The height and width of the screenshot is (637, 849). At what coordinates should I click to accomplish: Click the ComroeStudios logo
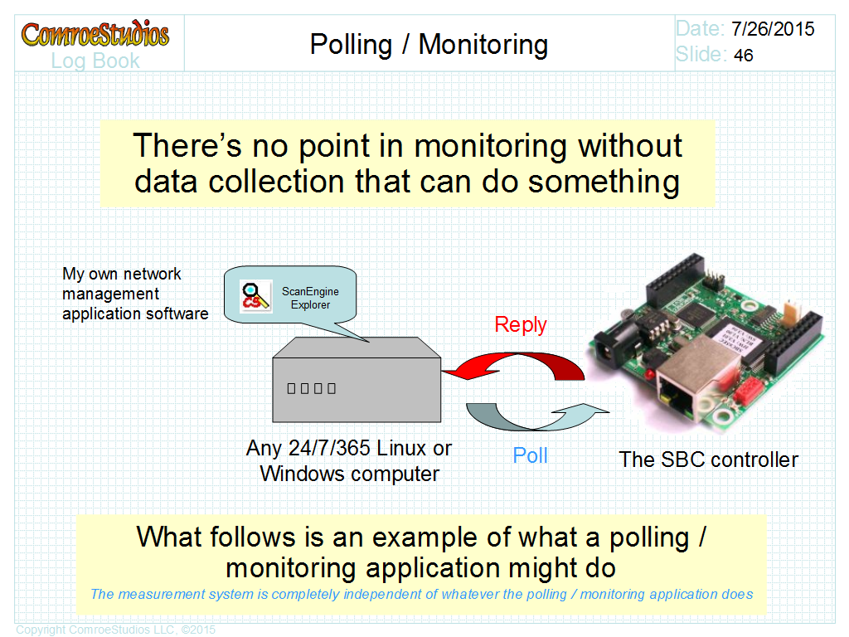tap(95, 33)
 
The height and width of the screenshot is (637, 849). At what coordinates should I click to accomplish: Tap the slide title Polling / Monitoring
tap(429, 45)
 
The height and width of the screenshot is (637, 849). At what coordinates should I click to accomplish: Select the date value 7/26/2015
tap(773, 29)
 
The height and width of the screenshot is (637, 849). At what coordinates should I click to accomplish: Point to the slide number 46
tap(744, 56)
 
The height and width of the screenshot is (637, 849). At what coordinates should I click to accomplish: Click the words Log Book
tap(95, 61)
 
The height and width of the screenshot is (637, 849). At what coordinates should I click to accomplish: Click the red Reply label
tap(521, 325)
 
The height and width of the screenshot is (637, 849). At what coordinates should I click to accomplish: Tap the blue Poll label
tap(530, 455)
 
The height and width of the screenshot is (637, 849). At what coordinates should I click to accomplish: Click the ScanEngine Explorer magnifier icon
tap(255, 296)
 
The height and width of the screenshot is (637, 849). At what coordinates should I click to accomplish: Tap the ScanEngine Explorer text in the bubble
tap(310, 298)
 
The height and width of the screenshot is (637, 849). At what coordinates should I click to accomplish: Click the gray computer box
tap(357, 380)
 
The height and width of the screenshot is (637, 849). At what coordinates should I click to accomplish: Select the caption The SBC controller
tap(708, 460)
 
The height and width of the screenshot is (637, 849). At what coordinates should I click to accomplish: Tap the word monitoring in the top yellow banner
tap(490, 146)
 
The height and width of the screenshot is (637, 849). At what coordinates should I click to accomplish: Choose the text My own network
tap(121, 274)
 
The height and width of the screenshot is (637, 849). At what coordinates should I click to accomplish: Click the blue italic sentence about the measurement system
tap(422, 594)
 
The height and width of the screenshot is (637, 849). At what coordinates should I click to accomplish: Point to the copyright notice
tap(116, 630)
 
